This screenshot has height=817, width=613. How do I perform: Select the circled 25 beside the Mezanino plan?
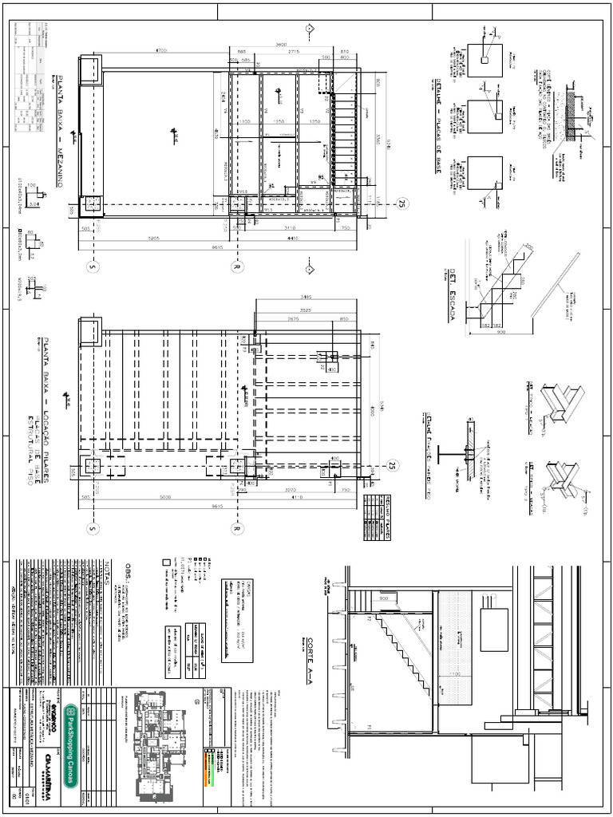coord(402,204)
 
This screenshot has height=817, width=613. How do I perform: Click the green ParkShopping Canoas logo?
coord(71,734)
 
